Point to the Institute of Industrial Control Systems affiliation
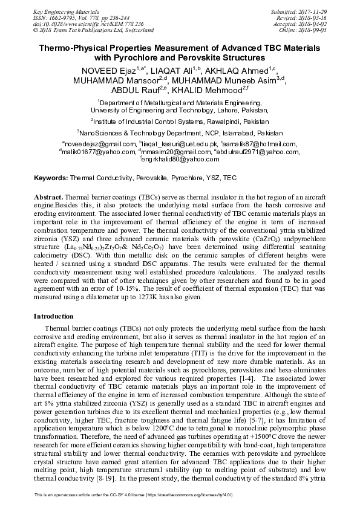point(180,122)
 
